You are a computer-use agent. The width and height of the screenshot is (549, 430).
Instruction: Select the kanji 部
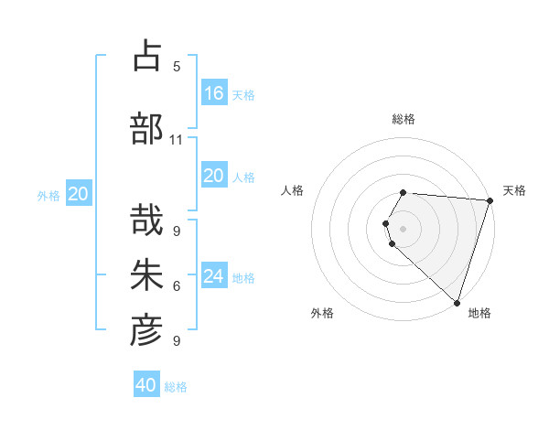click(x=146, y=129)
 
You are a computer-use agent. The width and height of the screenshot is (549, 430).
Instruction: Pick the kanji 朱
click(x=146, y=275)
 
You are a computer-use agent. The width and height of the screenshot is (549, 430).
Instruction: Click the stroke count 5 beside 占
click(x=177, y=66)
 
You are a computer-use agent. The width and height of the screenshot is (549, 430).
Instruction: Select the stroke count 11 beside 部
click(x=177, y=140)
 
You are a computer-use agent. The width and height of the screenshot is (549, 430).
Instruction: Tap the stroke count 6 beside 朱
click(x=177, y=286)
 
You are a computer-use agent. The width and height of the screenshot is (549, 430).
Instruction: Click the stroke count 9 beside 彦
click(x=177, y=341)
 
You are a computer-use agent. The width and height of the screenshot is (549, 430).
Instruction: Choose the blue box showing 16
click(x=214, y=92)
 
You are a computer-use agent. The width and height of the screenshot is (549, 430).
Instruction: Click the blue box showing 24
click(x=214, y=275)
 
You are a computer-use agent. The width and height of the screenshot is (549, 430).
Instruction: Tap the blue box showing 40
click(x=146, y=385)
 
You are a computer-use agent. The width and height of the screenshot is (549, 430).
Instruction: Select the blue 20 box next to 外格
click(x=79, y=193)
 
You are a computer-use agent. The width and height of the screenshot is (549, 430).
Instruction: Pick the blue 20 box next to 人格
click(x=214, y=176)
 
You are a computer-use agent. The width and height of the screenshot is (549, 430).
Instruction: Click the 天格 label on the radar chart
click(x=514, y=190)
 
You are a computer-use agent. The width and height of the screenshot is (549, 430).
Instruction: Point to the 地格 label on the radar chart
click(x=479, y=313)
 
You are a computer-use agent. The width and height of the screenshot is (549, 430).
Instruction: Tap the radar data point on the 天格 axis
click(x=490, y=200)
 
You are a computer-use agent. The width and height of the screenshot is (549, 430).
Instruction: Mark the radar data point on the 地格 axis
click(x=457, y=302)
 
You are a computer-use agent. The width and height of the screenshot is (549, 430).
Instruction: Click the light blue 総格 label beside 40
click(x=176, y=387)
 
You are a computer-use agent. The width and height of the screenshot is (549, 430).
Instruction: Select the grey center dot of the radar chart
click(x=404, y=228)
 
